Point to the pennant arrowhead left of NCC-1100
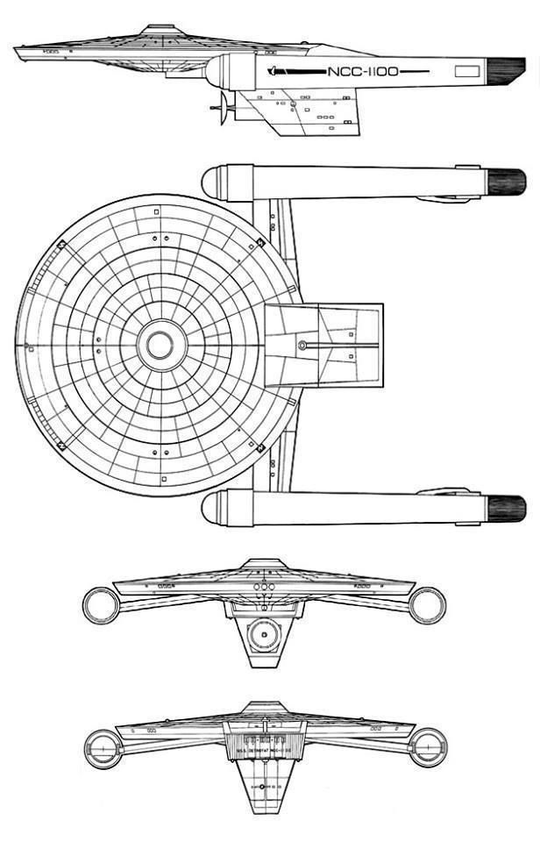pyautogui.click(x=274, y=70)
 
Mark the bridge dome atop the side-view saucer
pyautogui.click(x=159, y=29)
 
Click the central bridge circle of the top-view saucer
pyautogui.click(x=160, y=345)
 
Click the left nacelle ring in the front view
pyautogui.click(x=101, y=605)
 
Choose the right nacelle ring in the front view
pyautogui.click(x=427, y=605)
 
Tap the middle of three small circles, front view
pyautogui.click(x=264, y=585)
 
